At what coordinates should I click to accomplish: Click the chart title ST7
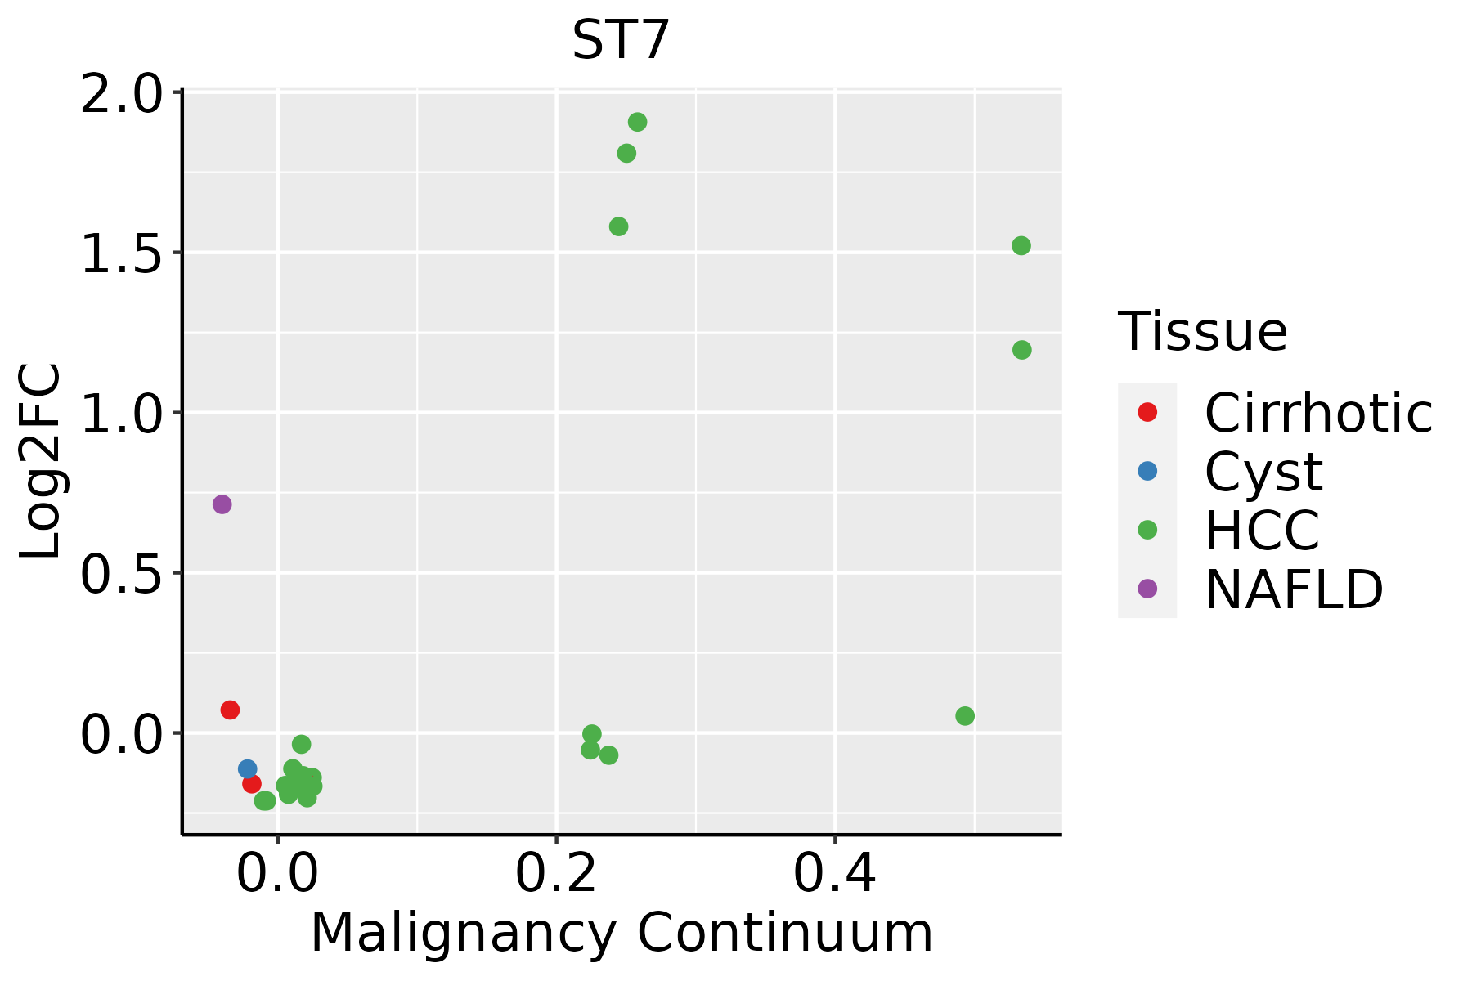click(621, 40)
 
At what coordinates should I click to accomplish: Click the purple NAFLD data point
click(222, 504)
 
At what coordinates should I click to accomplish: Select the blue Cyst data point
click(247, 768)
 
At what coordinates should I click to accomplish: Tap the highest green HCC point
click(637, 122)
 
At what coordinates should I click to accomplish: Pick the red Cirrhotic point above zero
click(230, 710)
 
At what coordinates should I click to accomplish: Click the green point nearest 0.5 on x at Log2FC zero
click(965, 716)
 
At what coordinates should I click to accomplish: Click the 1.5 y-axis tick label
click(120, 253)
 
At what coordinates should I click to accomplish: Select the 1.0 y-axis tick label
click(120, 414)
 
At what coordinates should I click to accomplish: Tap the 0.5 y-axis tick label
click(120, 574)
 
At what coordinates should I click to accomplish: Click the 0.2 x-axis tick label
click(556, 874)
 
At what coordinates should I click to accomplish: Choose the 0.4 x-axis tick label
click(835, 874)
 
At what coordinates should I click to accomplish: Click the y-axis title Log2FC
click(41, 460)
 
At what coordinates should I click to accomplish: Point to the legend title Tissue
click(1202, 331)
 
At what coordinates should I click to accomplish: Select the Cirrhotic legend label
click(1318, 413)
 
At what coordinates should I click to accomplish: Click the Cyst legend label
click(1263, 472)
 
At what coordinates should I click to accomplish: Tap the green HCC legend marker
click(1147, 530)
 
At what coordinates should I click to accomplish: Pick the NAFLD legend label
click(1295, 589)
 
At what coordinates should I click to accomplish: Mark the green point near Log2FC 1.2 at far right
click(1021, 350)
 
